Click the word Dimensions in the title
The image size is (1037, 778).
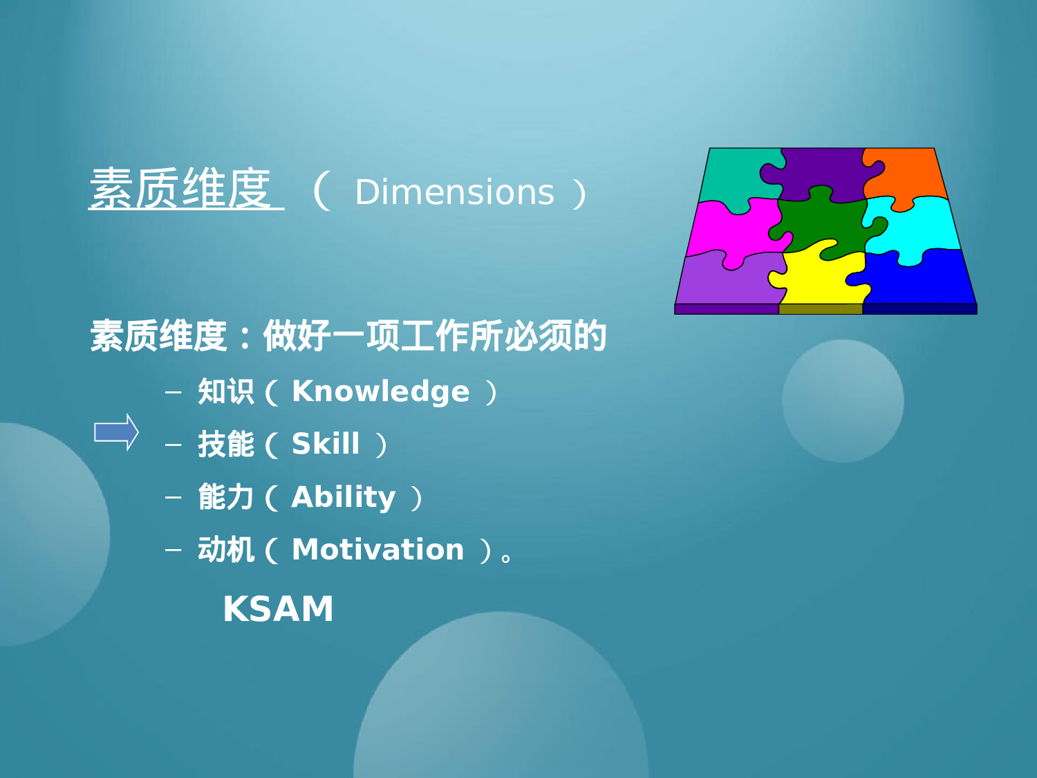pos(454,192)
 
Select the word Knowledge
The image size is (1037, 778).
pos(380,391)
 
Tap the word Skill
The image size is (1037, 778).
pos(326,444)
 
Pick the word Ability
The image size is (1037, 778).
pos(344,497)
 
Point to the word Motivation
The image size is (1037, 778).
pos(377,550)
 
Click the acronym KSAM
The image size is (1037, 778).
pos(278,609)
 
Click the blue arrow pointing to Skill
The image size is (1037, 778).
pos(116,432)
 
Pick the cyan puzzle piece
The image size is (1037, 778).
pos(916,225)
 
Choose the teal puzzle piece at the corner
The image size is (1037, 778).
pos(733,173)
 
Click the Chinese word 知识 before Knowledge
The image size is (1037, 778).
pos(225,391)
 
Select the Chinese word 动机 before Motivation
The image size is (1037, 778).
pos(225,550)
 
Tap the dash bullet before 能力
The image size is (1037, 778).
pos(173,497)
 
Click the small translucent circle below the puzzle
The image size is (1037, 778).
pos(843,401)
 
